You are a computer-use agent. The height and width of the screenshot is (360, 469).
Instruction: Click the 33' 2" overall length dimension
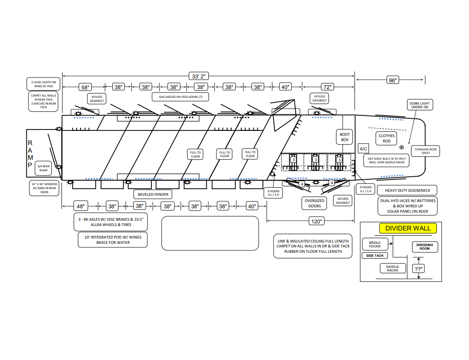199,76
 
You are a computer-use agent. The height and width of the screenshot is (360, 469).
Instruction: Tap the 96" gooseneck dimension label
392,80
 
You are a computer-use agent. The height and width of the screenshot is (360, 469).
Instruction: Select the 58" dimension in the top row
85,87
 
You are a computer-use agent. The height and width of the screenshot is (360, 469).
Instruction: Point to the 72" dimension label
327,87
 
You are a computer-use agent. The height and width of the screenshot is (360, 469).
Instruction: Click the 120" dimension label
317,221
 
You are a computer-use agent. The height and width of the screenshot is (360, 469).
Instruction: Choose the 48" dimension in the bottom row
81,206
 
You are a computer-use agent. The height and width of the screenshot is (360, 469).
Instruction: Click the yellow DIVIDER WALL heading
408,228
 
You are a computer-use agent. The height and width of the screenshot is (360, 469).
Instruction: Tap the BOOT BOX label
345,137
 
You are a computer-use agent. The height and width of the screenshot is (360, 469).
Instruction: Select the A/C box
363,149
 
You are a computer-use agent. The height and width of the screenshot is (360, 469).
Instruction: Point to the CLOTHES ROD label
387,138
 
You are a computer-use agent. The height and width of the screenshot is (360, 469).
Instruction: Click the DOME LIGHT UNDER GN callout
420,105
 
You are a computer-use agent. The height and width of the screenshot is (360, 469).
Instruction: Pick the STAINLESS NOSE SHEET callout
426,151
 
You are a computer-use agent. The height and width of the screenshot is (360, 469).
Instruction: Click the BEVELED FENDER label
153,194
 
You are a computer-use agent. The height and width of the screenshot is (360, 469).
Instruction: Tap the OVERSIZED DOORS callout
314,203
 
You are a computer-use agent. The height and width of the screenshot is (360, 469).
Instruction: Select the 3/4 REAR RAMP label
43,168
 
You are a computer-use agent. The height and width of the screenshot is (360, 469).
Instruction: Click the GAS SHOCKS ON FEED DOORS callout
180,97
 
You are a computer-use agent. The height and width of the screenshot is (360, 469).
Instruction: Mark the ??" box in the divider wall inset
419,269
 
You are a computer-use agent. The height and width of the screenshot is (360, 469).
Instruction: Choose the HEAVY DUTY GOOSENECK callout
407,190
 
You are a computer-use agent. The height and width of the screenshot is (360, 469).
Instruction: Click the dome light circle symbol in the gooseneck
402,147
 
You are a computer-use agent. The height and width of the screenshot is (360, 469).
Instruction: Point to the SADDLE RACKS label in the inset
392,268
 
